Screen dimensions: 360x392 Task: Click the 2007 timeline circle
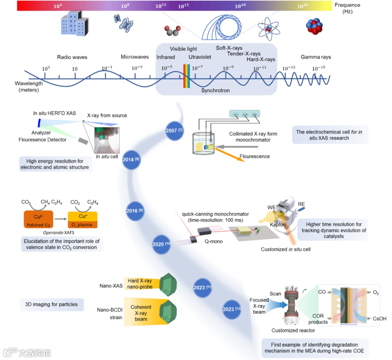(x=173, y=130)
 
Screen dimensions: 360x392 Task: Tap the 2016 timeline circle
(x=134, y=211)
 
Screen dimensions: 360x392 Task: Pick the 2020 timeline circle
(x=160, y=244)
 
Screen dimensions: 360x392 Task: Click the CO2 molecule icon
(x=172, y=32)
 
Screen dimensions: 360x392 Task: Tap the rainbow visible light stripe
(x=187, y=76)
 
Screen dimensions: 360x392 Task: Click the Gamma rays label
(x=316, y=57)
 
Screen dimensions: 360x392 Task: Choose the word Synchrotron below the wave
(x=216, y=90)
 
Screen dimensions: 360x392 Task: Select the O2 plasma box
(x=82, y=220)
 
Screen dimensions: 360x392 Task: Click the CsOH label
(x=379, y=319)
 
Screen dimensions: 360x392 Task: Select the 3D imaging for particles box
(x=52, y=304)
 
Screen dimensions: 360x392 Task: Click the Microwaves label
(x=135, y=57)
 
